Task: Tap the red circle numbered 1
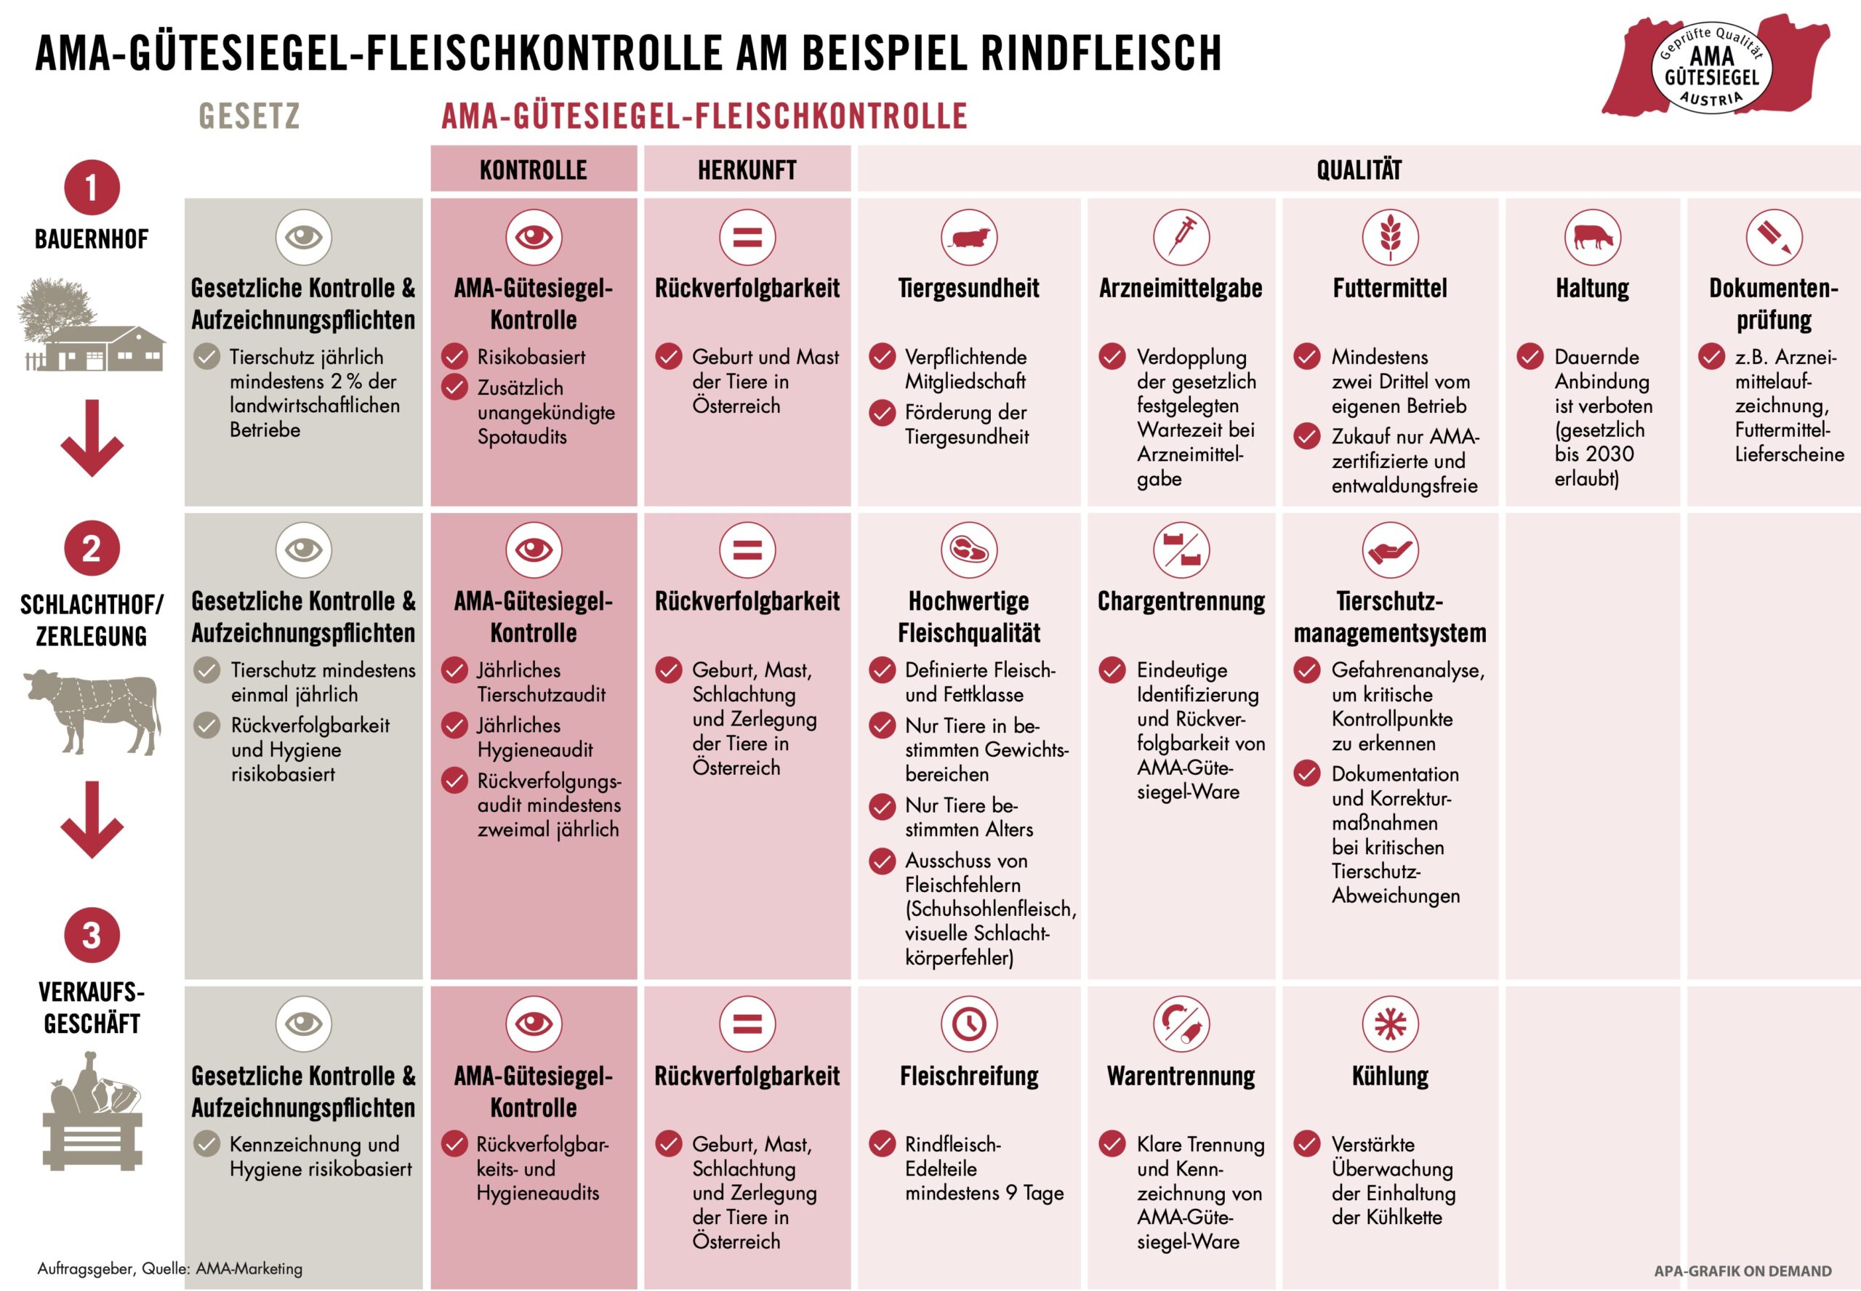pos(92,188)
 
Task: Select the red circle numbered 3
pos(92,935)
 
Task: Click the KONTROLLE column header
pos(533,170)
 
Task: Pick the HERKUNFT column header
pos(747,170)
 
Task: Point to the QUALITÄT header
pos(1358,170)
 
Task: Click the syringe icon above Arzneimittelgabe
pos(1181,237)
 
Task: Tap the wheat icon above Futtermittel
pos(1389,237)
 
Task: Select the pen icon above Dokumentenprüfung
pos(1773,237)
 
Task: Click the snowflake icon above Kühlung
pos(1389,1023)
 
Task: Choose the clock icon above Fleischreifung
pos(968,1023)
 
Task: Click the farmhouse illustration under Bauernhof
pos(92,326)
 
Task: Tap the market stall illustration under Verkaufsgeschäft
pos(92,1112)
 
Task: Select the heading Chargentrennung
pos(1181,601)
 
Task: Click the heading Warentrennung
pos(1181,1076)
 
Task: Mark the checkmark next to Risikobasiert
pos(454,356)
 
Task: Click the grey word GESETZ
pos(249,116)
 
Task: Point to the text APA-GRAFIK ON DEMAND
pos(1742,1271)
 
